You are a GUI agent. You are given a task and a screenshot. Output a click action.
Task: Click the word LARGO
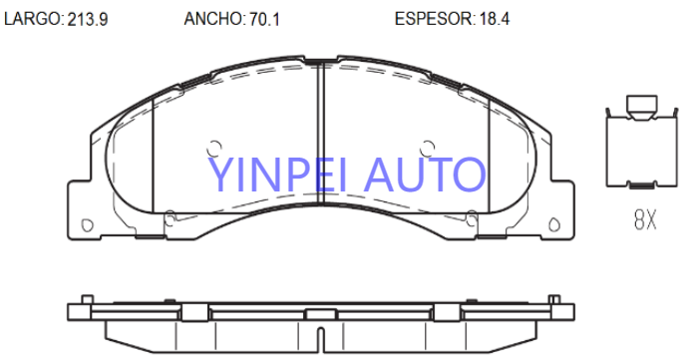32,19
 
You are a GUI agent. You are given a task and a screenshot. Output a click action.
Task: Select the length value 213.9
88,20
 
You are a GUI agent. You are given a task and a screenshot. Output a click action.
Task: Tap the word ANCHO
212,19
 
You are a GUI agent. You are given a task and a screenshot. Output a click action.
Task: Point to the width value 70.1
264,20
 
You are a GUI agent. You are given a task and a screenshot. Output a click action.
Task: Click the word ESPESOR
433,19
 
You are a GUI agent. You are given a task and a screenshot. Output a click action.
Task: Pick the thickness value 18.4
494,20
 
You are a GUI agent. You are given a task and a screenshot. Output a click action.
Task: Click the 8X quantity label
645,219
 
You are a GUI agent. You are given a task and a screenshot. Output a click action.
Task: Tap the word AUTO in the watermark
425,175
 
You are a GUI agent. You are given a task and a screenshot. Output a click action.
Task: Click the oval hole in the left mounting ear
88,225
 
